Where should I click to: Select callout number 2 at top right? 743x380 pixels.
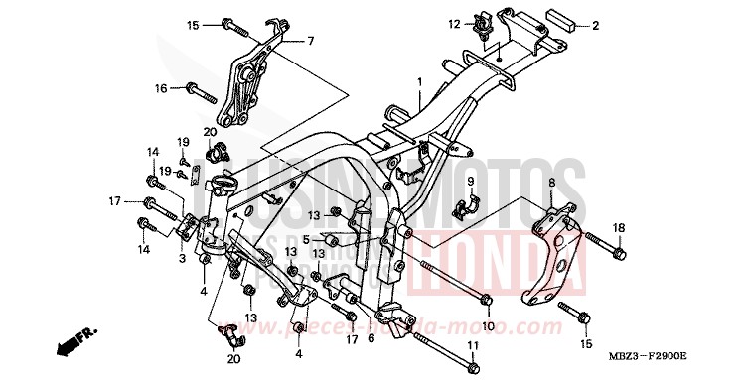coord(597,25)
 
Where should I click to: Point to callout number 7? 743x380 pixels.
coord(310,41)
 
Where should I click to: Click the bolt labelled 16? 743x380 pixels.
coord(200,95)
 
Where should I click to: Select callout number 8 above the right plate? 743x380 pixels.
coord(550,183)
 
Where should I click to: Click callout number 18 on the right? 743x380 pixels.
coord(618,228)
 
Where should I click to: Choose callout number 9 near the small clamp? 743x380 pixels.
coord(473,182)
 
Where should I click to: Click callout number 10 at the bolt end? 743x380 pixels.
coord(487,326)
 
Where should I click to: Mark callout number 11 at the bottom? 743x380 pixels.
coord(473,345)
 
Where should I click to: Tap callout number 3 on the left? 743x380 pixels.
coord(182,257)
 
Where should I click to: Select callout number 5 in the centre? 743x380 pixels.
coord(307,239)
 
